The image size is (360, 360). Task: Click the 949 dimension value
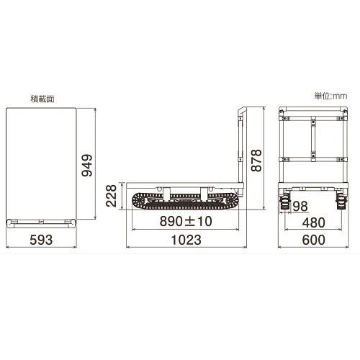click(x=87, y=166)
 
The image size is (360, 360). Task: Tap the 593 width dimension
click(x=41, y=240)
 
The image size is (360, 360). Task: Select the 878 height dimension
click(x=256, y=161)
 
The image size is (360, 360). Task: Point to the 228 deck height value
click(x=112, y=196)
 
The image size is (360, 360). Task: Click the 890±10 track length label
click(x=186, y=221)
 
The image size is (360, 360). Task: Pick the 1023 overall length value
click(x=186, y=240)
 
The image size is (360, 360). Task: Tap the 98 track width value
click(x=300, y=206)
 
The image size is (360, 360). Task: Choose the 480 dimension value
click(x=313, y=222)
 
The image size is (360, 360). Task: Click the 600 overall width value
click(x=313, y=240)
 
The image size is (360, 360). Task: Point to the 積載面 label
click(x=42, y=99)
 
